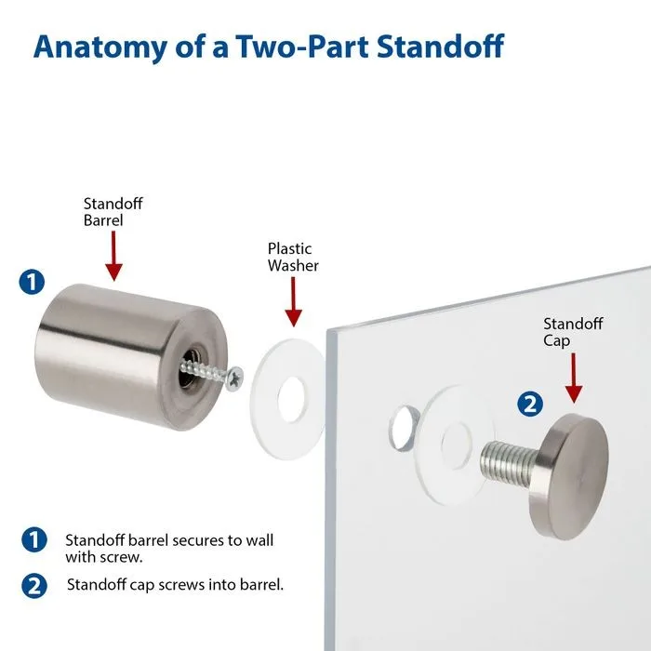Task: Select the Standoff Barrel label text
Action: (x=113, y=212)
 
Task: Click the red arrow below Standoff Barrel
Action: (x=113, y=256)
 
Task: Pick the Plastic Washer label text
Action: (x=293, y=257)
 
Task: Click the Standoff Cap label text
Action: (x=573, y=331)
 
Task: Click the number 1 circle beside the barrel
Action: (x=32, y=283)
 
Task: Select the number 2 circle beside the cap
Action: (x=529, y=404)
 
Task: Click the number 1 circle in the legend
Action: (x=33, y=539)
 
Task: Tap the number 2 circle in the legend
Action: (x=33, y=585)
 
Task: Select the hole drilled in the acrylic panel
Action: (x=402, y=424)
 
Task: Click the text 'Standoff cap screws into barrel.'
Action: (x=175, y=585)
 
